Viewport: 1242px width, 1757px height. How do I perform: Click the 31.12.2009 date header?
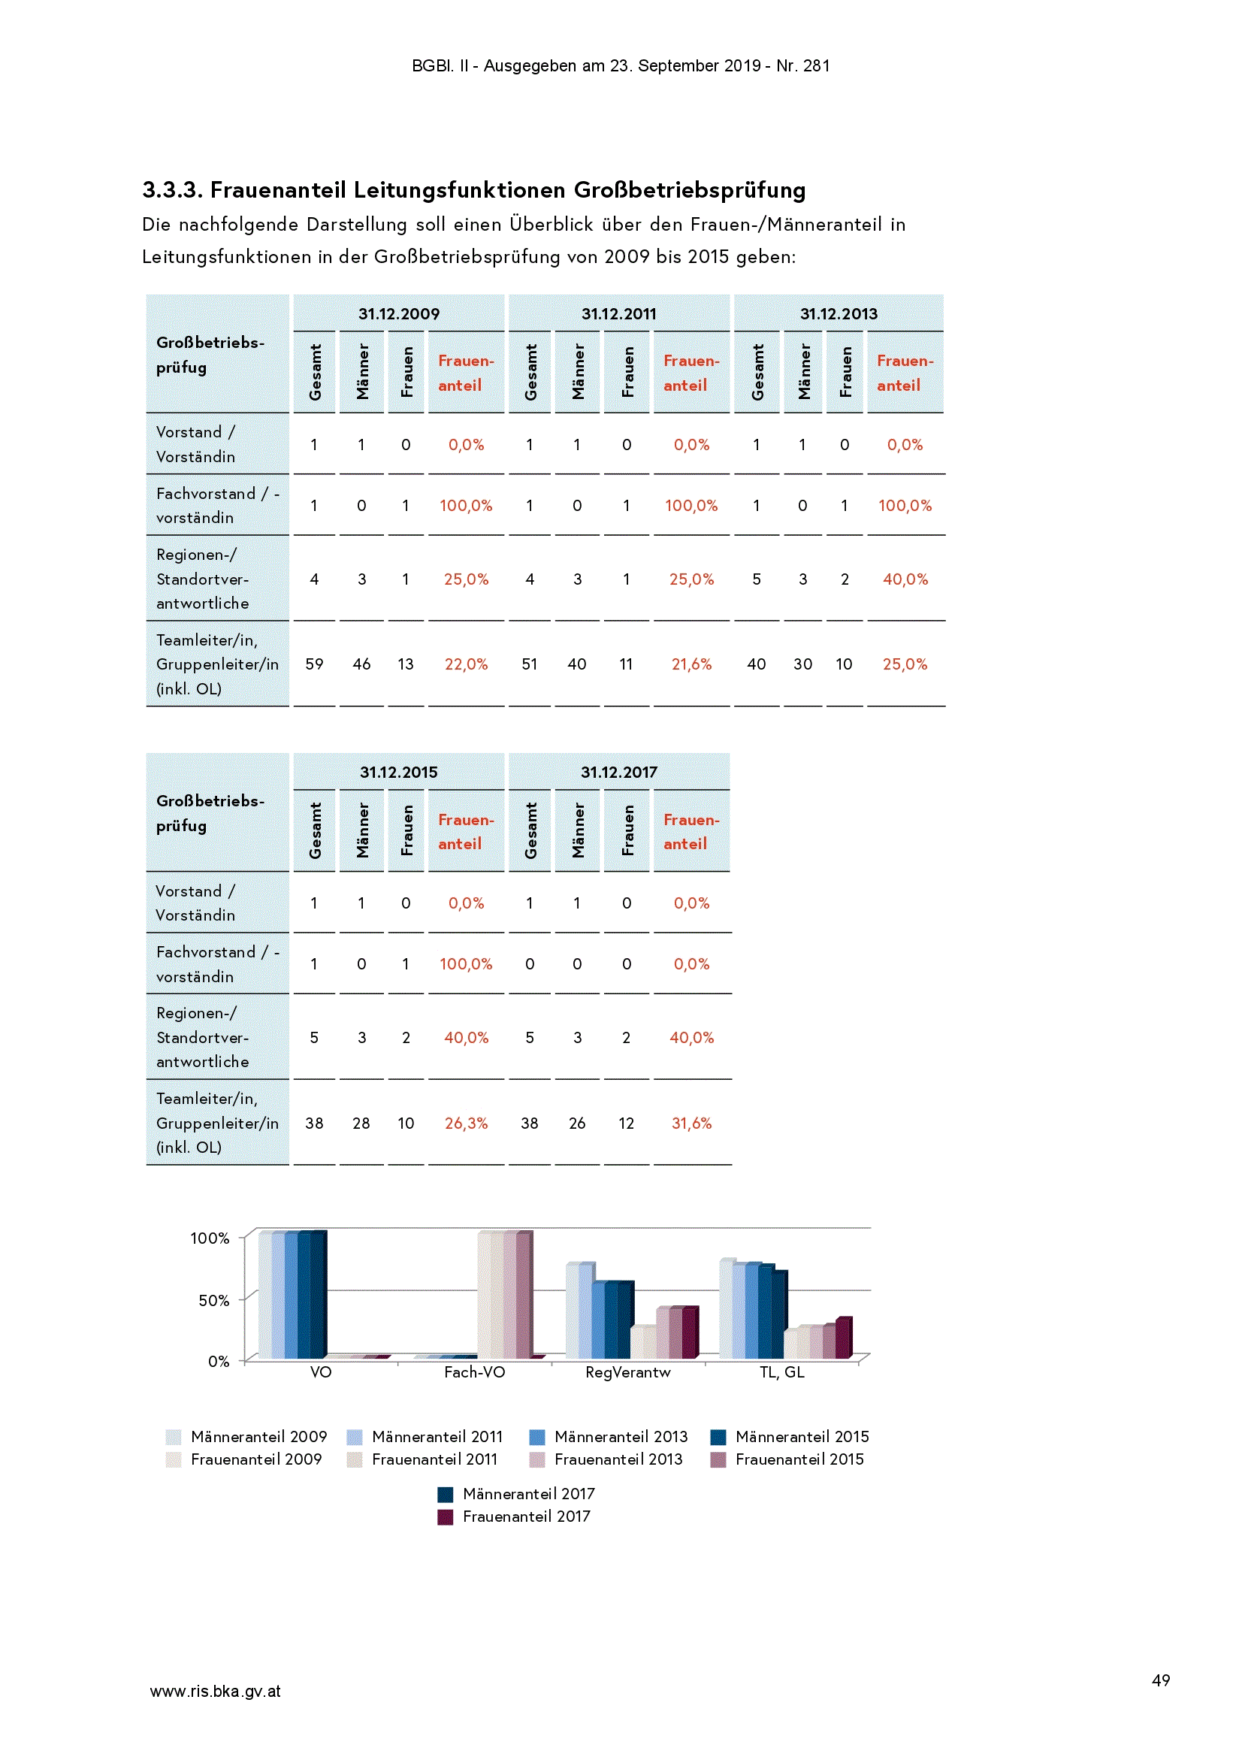399,314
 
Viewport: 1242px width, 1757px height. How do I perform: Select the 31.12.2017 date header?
618,772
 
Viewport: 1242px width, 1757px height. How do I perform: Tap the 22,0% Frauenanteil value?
466,664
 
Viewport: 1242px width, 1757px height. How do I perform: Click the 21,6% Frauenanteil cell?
691,664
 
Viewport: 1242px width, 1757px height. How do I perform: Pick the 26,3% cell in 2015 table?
466,1123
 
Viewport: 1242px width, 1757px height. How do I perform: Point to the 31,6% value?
691,1123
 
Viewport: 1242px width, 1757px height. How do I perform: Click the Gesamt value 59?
314,664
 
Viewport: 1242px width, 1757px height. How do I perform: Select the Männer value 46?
361,664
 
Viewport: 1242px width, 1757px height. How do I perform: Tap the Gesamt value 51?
530,664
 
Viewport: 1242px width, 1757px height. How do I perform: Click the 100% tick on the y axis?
210,1238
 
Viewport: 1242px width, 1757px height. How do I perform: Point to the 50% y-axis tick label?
213,1300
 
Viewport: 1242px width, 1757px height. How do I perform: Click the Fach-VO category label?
474,1372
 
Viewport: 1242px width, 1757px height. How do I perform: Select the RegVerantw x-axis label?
627,1372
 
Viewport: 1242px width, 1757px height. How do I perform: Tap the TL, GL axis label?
781,1372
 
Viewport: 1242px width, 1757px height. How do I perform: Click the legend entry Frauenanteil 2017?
514,1517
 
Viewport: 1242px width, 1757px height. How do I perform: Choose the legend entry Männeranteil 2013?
609,1437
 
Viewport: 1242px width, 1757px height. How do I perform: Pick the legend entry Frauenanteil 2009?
244,1459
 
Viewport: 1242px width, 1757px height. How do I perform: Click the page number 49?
1160,1680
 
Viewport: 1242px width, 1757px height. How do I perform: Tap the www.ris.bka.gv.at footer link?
215,1691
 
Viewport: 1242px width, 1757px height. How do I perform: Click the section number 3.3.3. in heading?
172,190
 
